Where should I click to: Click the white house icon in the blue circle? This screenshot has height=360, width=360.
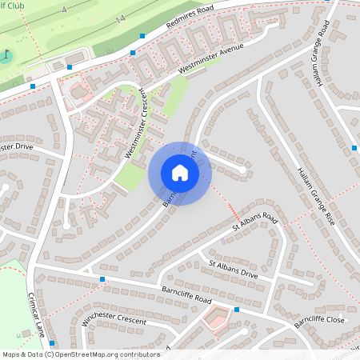coord(180,173)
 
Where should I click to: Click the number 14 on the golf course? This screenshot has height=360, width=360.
coord(120,18)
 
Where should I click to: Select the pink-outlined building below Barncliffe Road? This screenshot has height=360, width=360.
coord(214,322)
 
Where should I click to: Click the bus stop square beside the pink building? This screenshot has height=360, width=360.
coord(237,310)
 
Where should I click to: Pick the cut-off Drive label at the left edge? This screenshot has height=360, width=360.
coord(19,148)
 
